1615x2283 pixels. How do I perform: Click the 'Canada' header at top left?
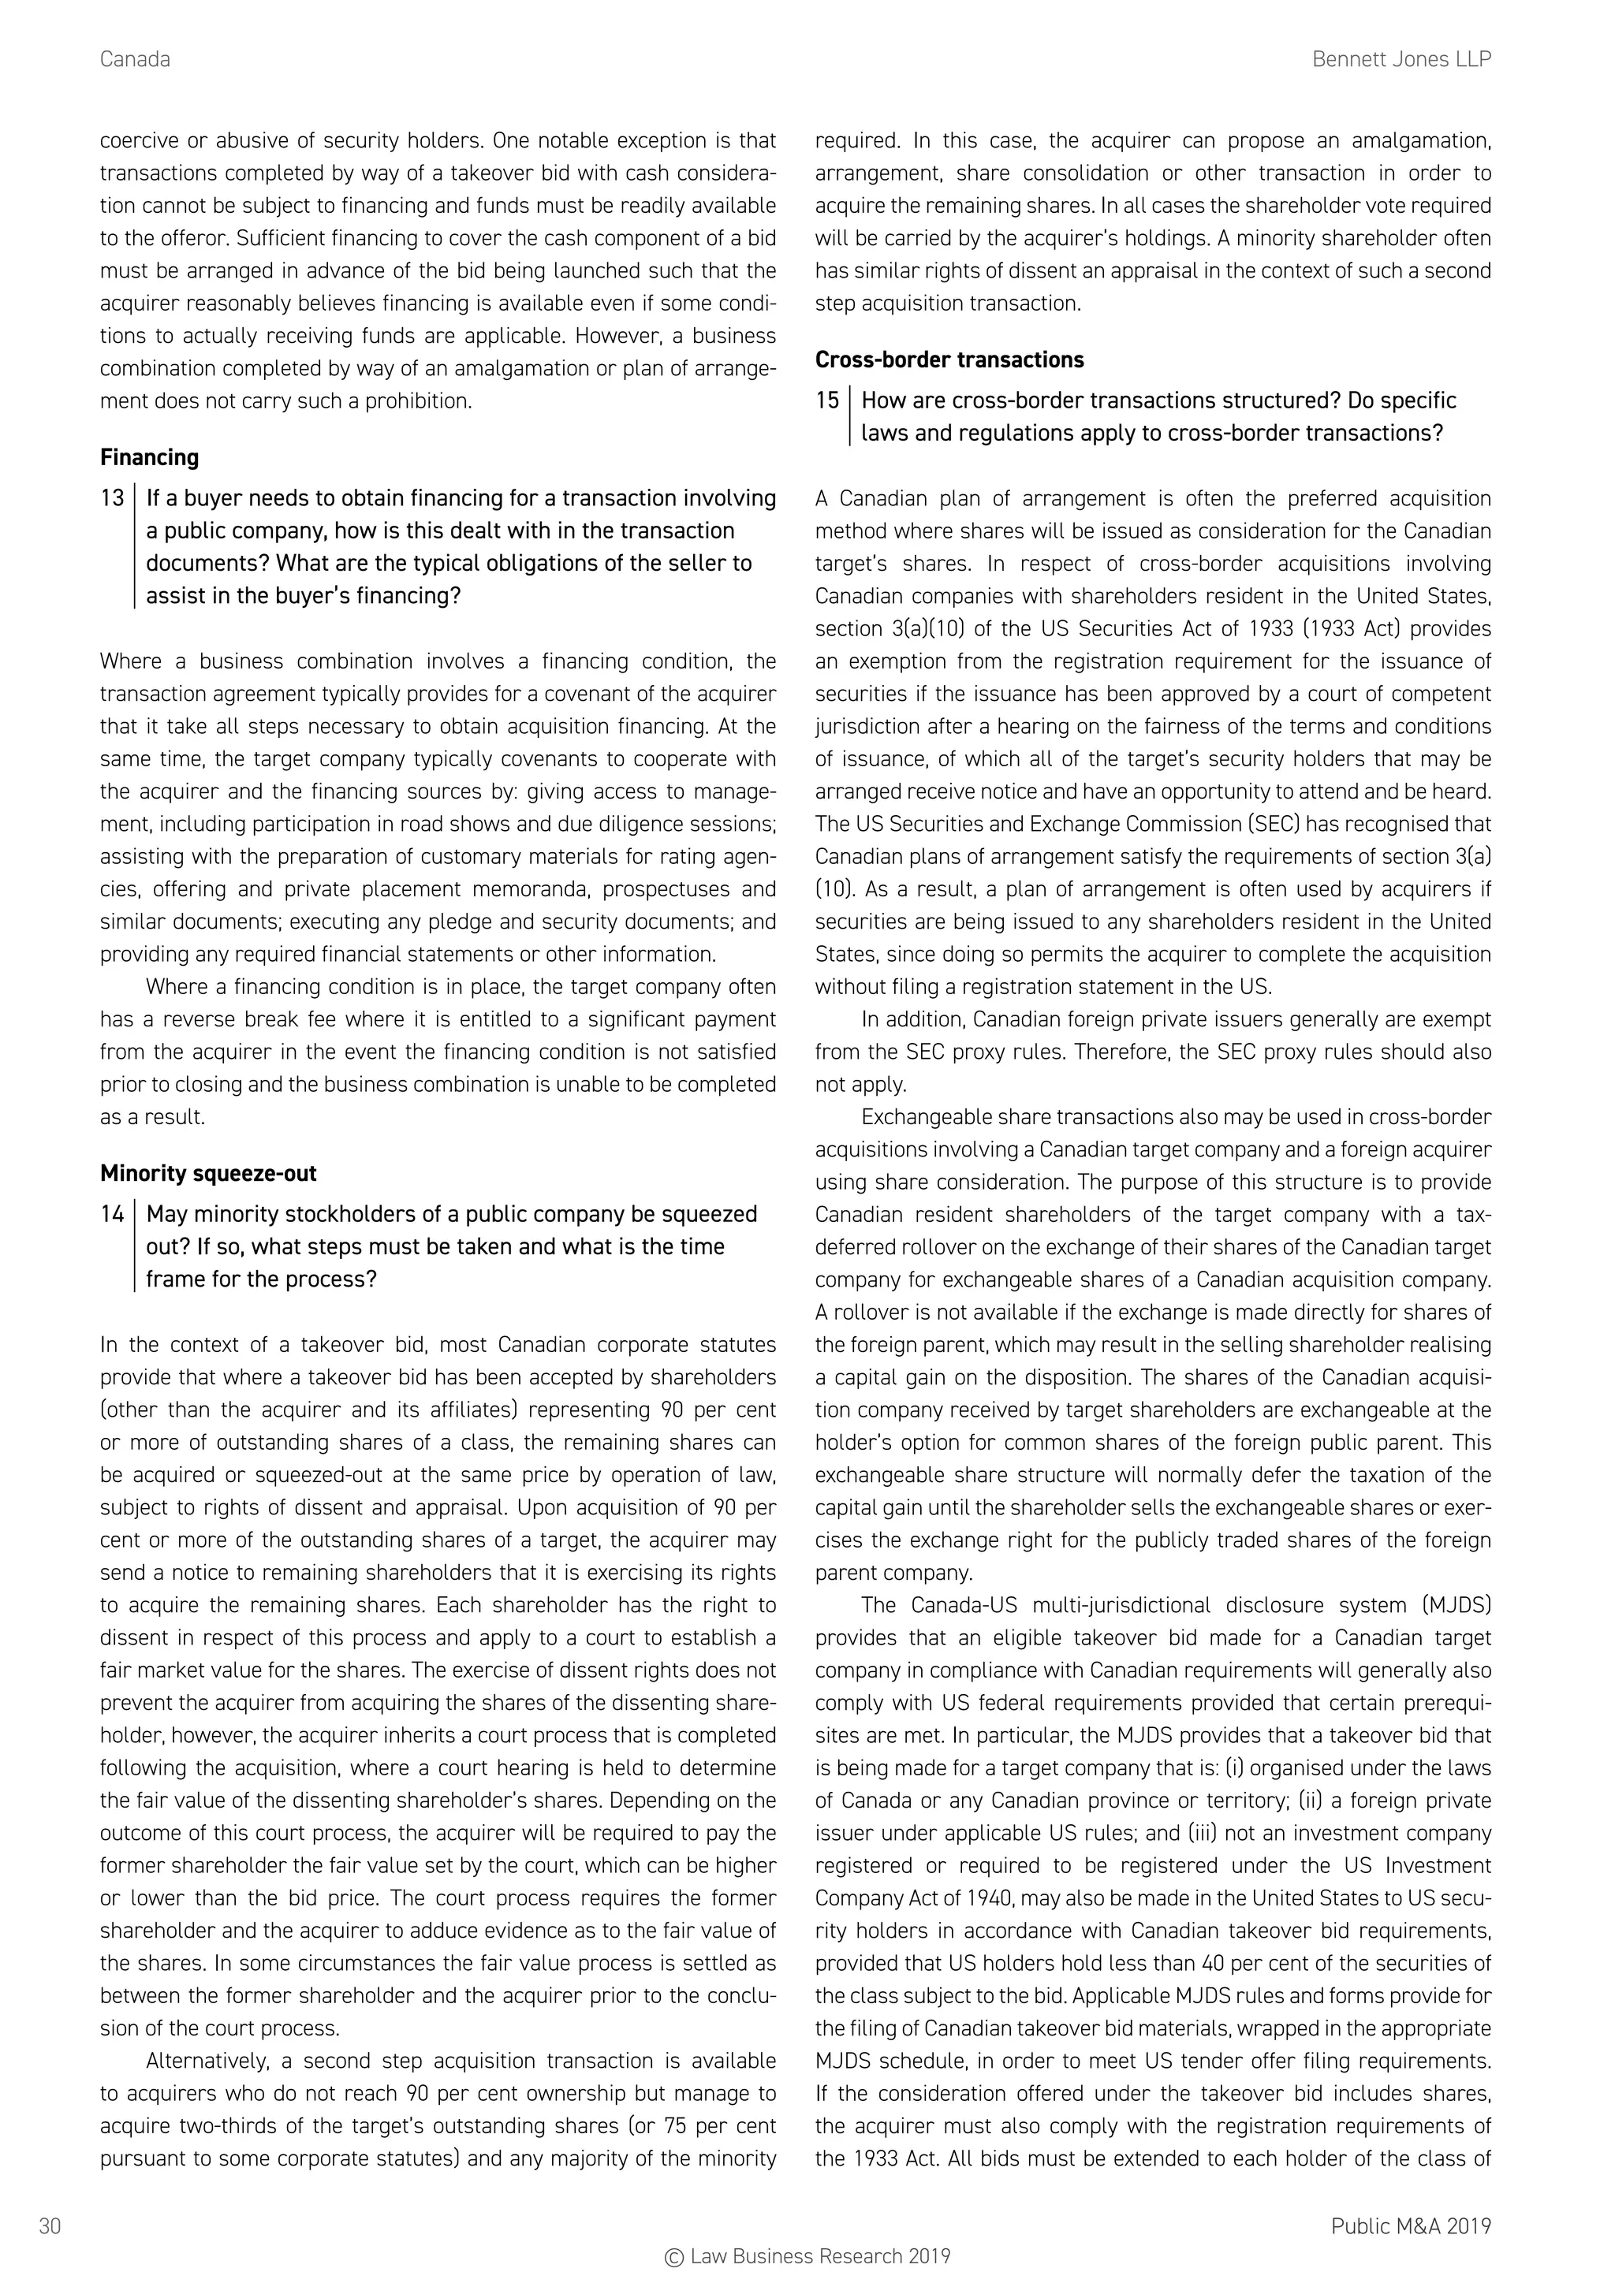[136, 60]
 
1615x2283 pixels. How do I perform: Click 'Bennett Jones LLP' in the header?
[1401, 60]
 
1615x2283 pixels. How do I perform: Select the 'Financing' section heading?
[149, 457]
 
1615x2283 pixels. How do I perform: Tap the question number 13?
[113, 498]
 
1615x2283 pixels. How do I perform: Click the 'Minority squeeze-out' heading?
[208, 1173]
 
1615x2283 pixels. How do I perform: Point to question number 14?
[113, 1214]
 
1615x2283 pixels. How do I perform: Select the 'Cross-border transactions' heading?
[949, 360]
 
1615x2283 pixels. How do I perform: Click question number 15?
[827, 400]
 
